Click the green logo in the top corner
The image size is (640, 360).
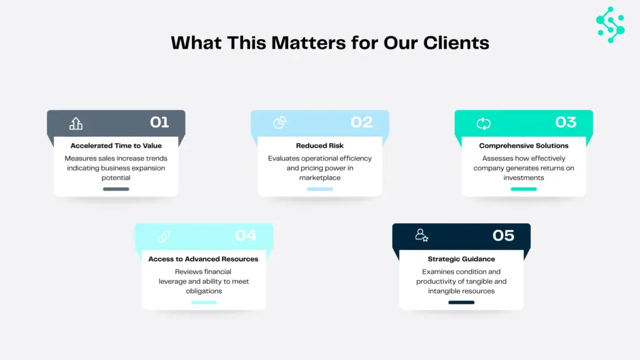click(x=610, y=24)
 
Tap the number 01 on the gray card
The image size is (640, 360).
click(x=159, y=122)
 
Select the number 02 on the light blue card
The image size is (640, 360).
click(x=361, y=122)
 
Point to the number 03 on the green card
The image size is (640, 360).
click(x=566, y=122)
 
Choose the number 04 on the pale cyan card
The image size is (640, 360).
click(x=246, y=236)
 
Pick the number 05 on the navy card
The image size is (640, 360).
click(x=503, y=236)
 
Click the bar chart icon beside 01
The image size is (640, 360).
click(x=76, y=123)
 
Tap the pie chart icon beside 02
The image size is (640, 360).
click(x=279, y=122)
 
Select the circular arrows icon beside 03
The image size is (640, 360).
click(x=483, y=123)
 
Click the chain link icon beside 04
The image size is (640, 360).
click(x=164, y=236)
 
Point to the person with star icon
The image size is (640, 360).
click(x=421, y=236)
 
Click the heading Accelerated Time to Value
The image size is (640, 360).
click(x=116, y=146)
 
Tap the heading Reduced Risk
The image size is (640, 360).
click(x=320, y=146)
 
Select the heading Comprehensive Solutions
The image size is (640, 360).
click(x=524, y=146)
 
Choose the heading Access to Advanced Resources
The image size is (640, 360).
click(x=203, y=259)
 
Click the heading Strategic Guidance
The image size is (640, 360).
click(x=461, y=259)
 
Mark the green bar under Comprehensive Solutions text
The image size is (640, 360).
click(x=524, y=189)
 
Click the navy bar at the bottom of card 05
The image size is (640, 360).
click(x=461, y=302)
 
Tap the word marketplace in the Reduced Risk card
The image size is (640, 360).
click(x=320, y=178)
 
